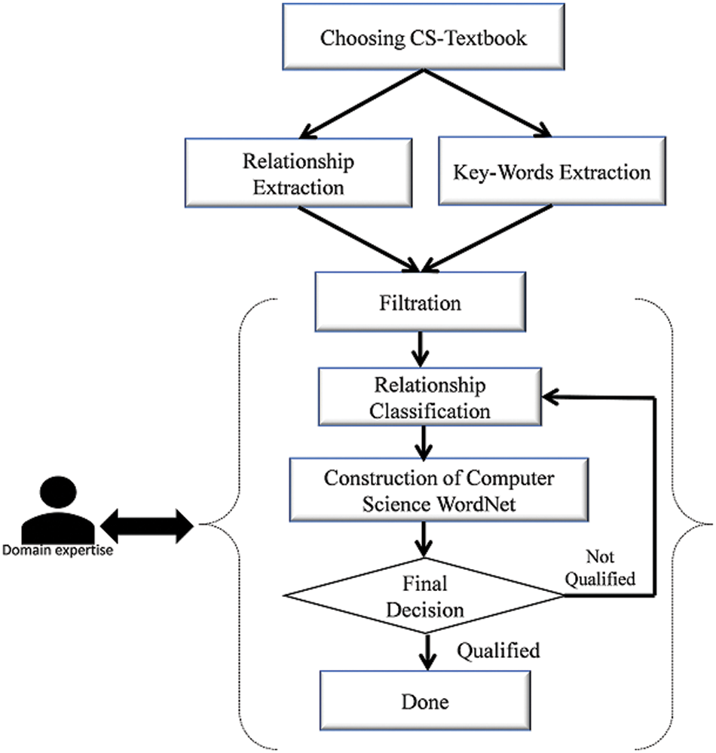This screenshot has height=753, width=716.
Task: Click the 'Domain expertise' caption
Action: click(x=58, y=551)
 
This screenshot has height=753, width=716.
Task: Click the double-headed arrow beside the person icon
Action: click(x=148, y=524)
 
